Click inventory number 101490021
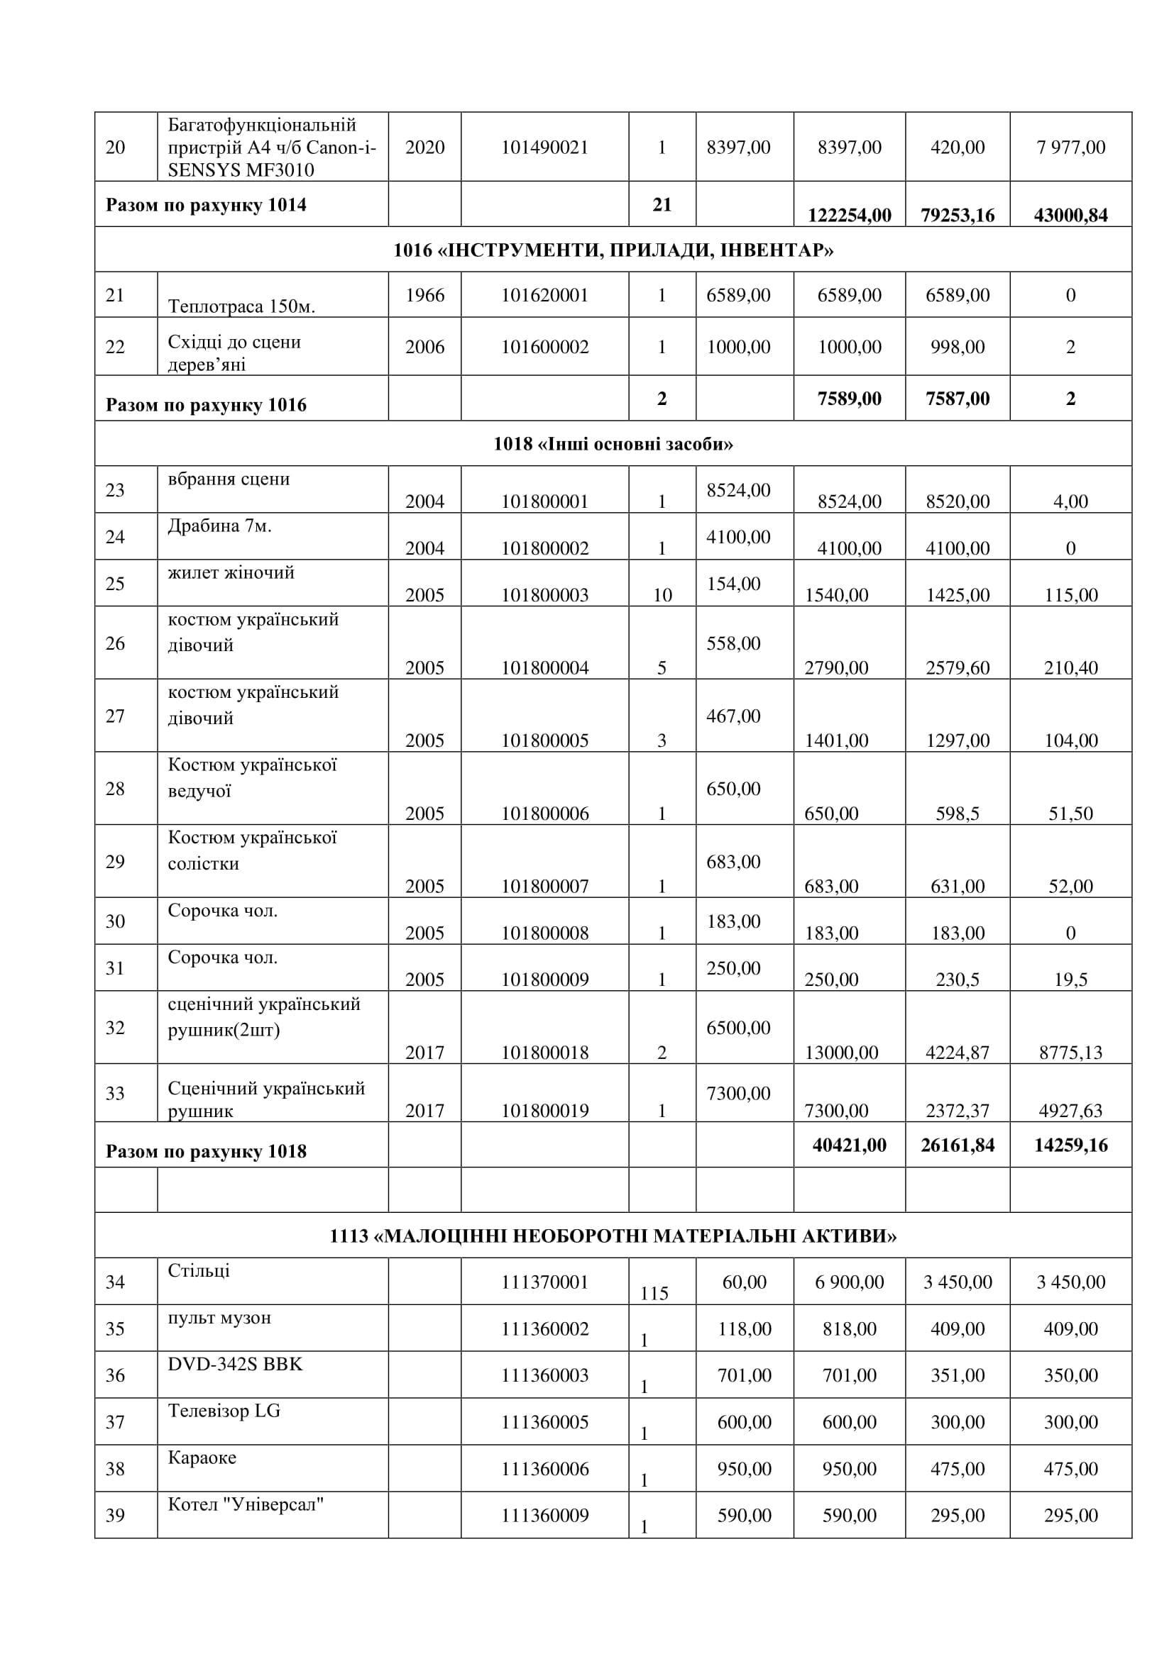tap(544, 148)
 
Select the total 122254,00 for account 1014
tap(849, 216)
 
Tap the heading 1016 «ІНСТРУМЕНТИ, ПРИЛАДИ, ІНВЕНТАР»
tap(613, 250)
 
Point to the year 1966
tap(424, 295)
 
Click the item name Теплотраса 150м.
tap(241, 306)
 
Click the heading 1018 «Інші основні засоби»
tap(613, 443)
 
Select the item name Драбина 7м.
tap(220, 526)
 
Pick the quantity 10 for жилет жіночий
tap(662, 594)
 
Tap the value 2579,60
tap(957, 667)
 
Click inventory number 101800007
tap(544, 886)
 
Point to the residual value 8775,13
tap(1070, 1052)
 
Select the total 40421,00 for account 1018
tap(849, 1145)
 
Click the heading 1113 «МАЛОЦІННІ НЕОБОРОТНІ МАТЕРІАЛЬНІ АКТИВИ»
tap(613, 1236)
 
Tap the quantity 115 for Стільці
tap(654, 1294)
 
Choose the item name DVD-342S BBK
tap(235, 1364)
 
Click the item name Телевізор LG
tap(224, 1411)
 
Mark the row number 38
tap(116, 1469)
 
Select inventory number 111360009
tap(544, 1515)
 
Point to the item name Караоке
tap(202, 1458)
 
